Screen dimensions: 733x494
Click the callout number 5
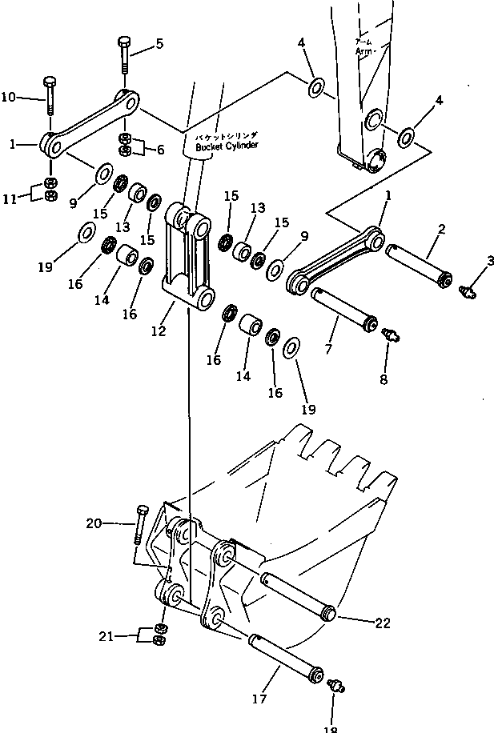point(159,45)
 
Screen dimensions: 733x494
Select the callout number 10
point(9,98)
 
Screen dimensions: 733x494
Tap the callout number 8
point(384,379)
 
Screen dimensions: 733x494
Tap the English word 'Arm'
point(365,51)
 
